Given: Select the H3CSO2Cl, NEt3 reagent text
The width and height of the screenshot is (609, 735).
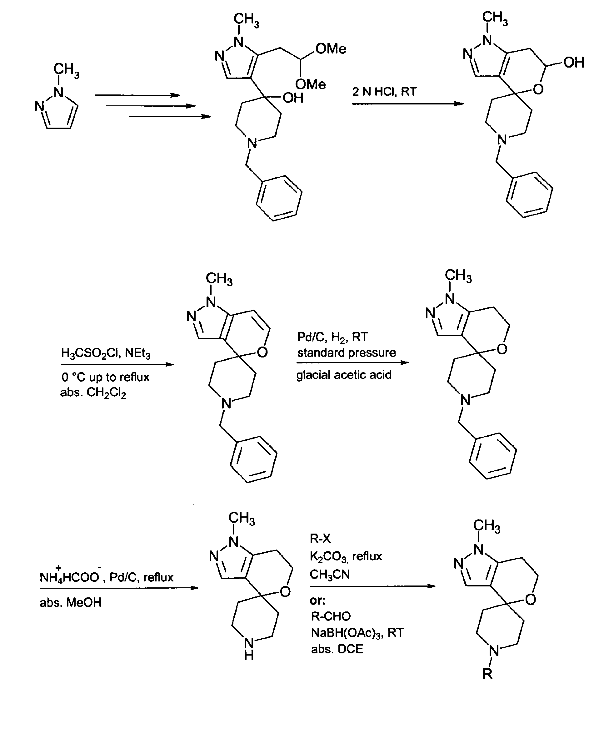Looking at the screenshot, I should (x=106, y=353).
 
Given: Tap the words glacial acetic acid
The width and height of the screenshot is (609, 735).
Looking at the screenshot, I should (x=344, y=375).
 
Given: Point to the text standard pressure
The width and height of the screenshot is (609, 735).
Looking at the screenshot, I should (x=346, y=352).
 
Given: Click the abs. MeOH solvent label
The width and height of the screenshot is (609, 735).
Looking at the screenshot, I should (x=70, y=602).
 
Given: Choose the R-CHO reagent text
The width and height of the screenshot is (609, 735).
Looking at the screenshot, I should (x=331, y=616).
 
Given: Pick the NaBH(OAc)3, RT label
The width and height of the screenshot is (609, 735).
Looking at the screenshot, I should (x=357, y=632).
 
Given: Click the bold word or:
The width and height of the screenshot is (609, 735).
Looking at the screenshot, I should (x=317, y=600).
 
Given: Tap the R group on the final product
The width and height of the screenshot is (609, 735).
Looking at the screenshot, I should (x=487, y=673).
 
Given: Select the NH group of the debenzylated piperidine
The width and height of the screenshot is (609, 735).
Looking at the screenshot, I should (x=248, y=647).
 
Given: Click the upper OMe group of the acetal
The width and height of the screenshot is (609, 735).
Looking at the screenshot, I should (x=331, y=49).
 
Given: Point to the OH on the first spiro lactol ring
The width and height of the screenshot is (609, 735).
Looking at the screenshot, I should (x=574, y=63).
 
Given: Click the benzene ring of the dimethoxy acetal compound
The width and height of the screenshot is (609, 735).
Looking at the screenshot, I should (x=279, y=198).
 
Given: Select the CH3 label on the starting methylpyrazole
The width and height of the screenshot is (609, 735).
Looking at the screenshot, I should (x=67, y=70).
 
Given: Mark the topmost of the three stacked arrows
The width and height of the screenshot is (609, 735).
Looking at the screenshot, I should (x=137, y=95).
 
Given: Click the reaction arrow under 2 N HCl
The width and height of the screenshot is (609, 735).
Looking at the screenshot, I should (x=407, y=104).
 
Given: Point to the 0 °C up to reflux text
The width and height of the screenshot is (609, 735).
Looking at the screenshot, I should (x=106, y=377).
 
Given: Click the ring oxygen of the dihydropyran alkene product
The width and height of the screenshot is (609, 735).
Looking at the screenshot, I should (x=262, y=352).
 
